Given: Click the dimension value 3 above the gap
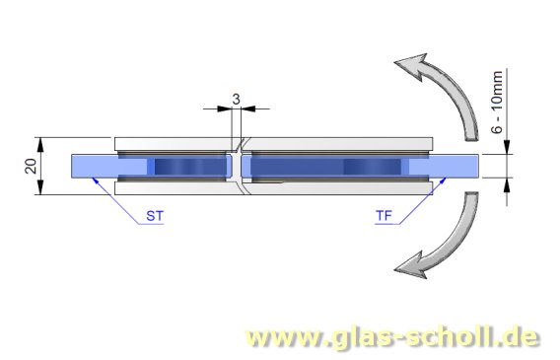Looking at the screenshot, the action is coord(236,98).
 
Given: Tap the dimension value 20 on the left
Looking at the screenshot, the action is coord(30,165).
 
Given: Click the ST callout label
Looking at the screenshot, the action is coord(154,214).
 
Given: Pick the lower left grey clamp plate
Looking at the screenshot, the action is coord(173,188).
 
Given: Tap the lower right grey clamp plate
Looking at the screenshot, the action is coord(340,188).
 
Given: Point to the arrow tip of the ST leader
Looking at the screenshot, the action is coord(91,178).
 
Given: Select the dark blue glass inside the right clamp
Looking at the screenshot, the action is coord(325,166).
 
